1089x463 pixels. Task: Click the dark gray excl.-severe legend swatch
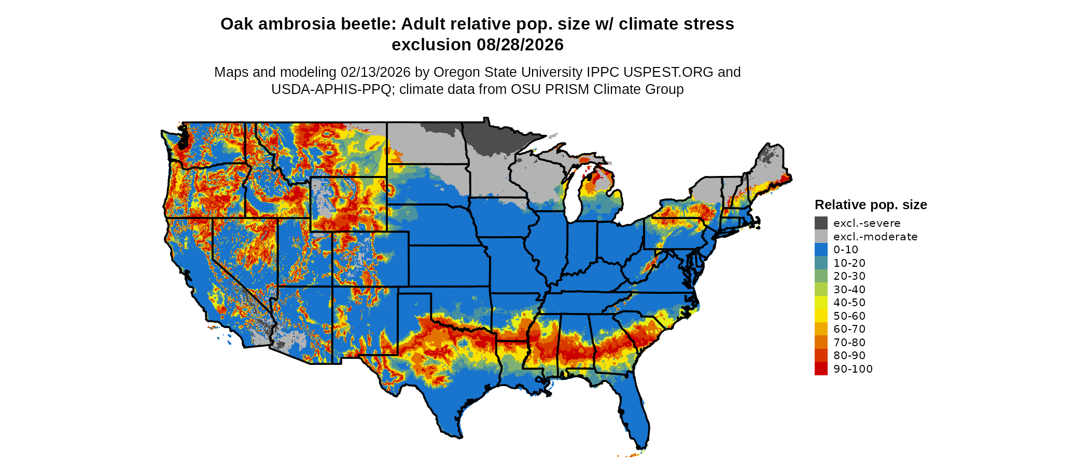coord(821,223)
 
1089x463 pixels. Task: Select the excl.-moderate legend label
coord(875,237)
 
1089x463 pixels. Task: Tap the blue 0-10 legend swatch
coord(821,250)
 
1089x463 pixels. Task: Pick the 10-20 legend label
coord(849,263)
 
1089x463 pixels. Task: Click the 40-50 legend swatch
coord(821,303)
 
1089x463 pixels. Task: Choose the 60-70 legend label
coord(849,329)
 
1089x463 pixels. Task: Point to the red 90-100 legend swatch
coord(821,369)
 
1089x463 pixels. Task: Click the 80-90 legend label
coord(849,356)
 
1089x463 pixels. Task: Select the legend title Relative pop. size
coord(871,205)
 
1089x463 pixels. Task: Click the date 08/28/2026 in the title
coord(520,45)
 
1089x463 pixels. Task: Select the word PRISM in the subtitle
coord(569,89)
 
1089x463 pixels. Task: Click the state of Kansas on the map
coord(449,265)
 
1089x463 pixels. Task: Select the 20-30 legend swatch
coord(821,276)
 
